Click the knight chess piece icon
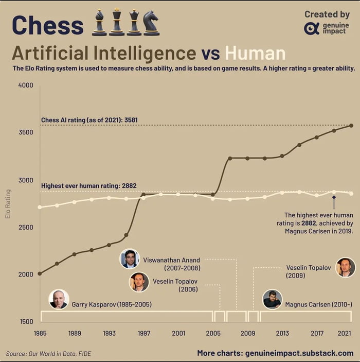click(x=151, y=24)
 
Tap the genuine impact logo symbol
click(x=312, y=28)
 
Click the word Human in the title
click(x=255, y=54)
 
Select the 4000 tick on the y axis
click(x=26, y=85)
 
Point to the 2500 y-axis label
click(x=26, y=228)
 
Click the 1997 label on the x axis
click(x=144, y=333)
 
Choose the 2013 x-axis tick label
click(x=282, y=333)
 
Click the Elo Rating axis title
click(x=8, y=204)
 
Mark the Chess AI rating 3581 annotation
click(x=89, y=120)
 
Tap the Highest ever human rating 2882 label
click(x=88, y=186)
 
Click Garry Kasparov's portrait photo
click(x=59, y=299)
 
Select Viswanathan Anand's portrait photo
click(x=130, y=258)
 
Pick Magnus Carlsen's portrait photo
click(x=272, y=299)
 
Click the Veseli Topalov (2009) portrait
click(x=345, y=267)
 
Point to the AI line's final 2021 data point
click(x=351, y=125)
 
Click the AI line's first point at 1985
click(x=40, y=273)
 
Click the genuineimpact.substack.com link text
click(x=299, y=353)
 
